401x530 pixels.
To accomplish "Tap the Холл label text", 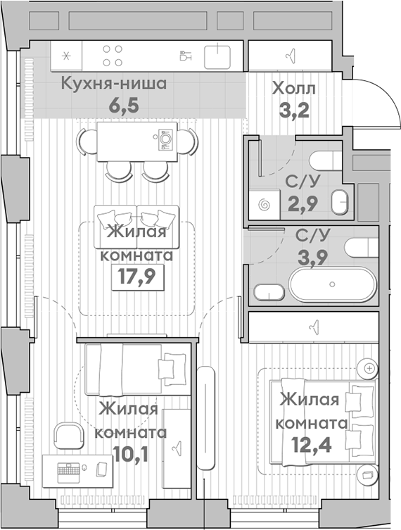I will pos(293,89).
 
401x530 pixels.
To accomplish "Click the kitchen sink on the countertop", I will pos(219,55).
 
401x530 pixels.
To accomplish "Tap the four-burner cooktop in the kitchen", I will pos(113,56).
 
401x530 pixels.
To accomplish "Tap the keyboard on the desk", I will pos(69,469).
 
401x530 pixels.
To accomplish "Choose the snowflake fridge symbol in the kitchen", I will pos(67,56).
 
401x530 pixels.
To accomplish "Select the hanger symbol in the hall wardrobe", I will pos(290,55).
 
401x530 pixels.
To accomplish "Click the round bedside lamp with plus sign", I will pos(367,368).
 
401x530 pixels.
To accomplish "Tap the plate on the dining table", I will pos(165,139).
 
